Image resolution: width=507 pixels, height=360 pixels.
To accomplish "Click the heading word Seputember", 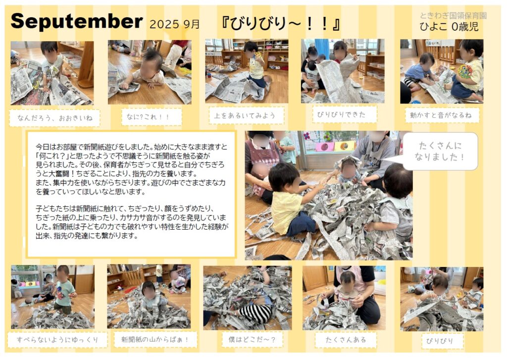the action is click(77, 21).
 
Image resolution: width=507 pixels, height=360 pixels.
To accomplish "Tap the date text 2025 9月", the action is click(175, 24).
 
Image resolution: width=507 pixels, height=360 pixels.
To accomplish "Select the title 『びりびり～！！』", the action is click(280, 24).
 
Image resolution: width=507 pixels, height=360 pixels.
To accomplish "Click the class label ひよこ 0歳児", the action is click(449, 27).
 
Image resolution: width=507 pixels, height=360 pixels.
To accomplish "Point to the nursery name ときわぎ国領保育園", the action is click(453, 15).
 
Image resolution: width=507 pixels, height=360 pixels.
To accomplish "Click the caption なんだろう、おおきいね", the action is click(54, 118).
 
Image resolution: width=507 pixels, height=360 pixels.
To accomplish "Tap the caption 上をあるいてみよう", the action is click(245, 115).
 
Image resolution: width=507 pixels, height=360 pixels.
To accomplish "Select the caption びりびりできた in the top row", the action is click(341, 114).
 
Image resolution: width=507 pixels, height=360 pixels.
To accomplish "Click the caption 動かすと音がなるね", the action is click(441, 115).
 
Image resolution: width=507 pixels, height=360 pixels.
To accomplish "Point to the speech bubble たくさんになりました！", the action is click(440, 151).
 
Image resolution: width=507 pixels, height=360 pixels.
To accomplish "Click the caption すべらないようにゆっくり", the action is click(57, 340).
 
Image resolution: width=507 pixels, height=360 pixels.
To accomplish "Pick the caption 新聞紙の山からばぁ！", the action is click(155, 340).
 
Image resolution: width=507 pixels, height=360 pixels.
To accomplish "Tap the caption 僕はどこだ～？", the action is click(252, 340).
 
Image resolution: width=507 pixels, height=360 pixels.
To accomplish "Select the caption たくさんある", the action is click(346, 340).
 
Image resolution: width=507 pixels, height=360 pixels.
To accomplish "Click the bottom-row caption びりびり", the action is click(439, 341).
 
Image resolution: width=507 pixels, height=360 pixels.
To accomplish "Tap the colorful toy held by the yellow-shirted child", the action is click(464, 71).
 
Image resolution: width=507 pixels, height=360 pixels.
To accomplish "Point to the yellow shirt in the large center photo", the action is click(287, 212).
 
